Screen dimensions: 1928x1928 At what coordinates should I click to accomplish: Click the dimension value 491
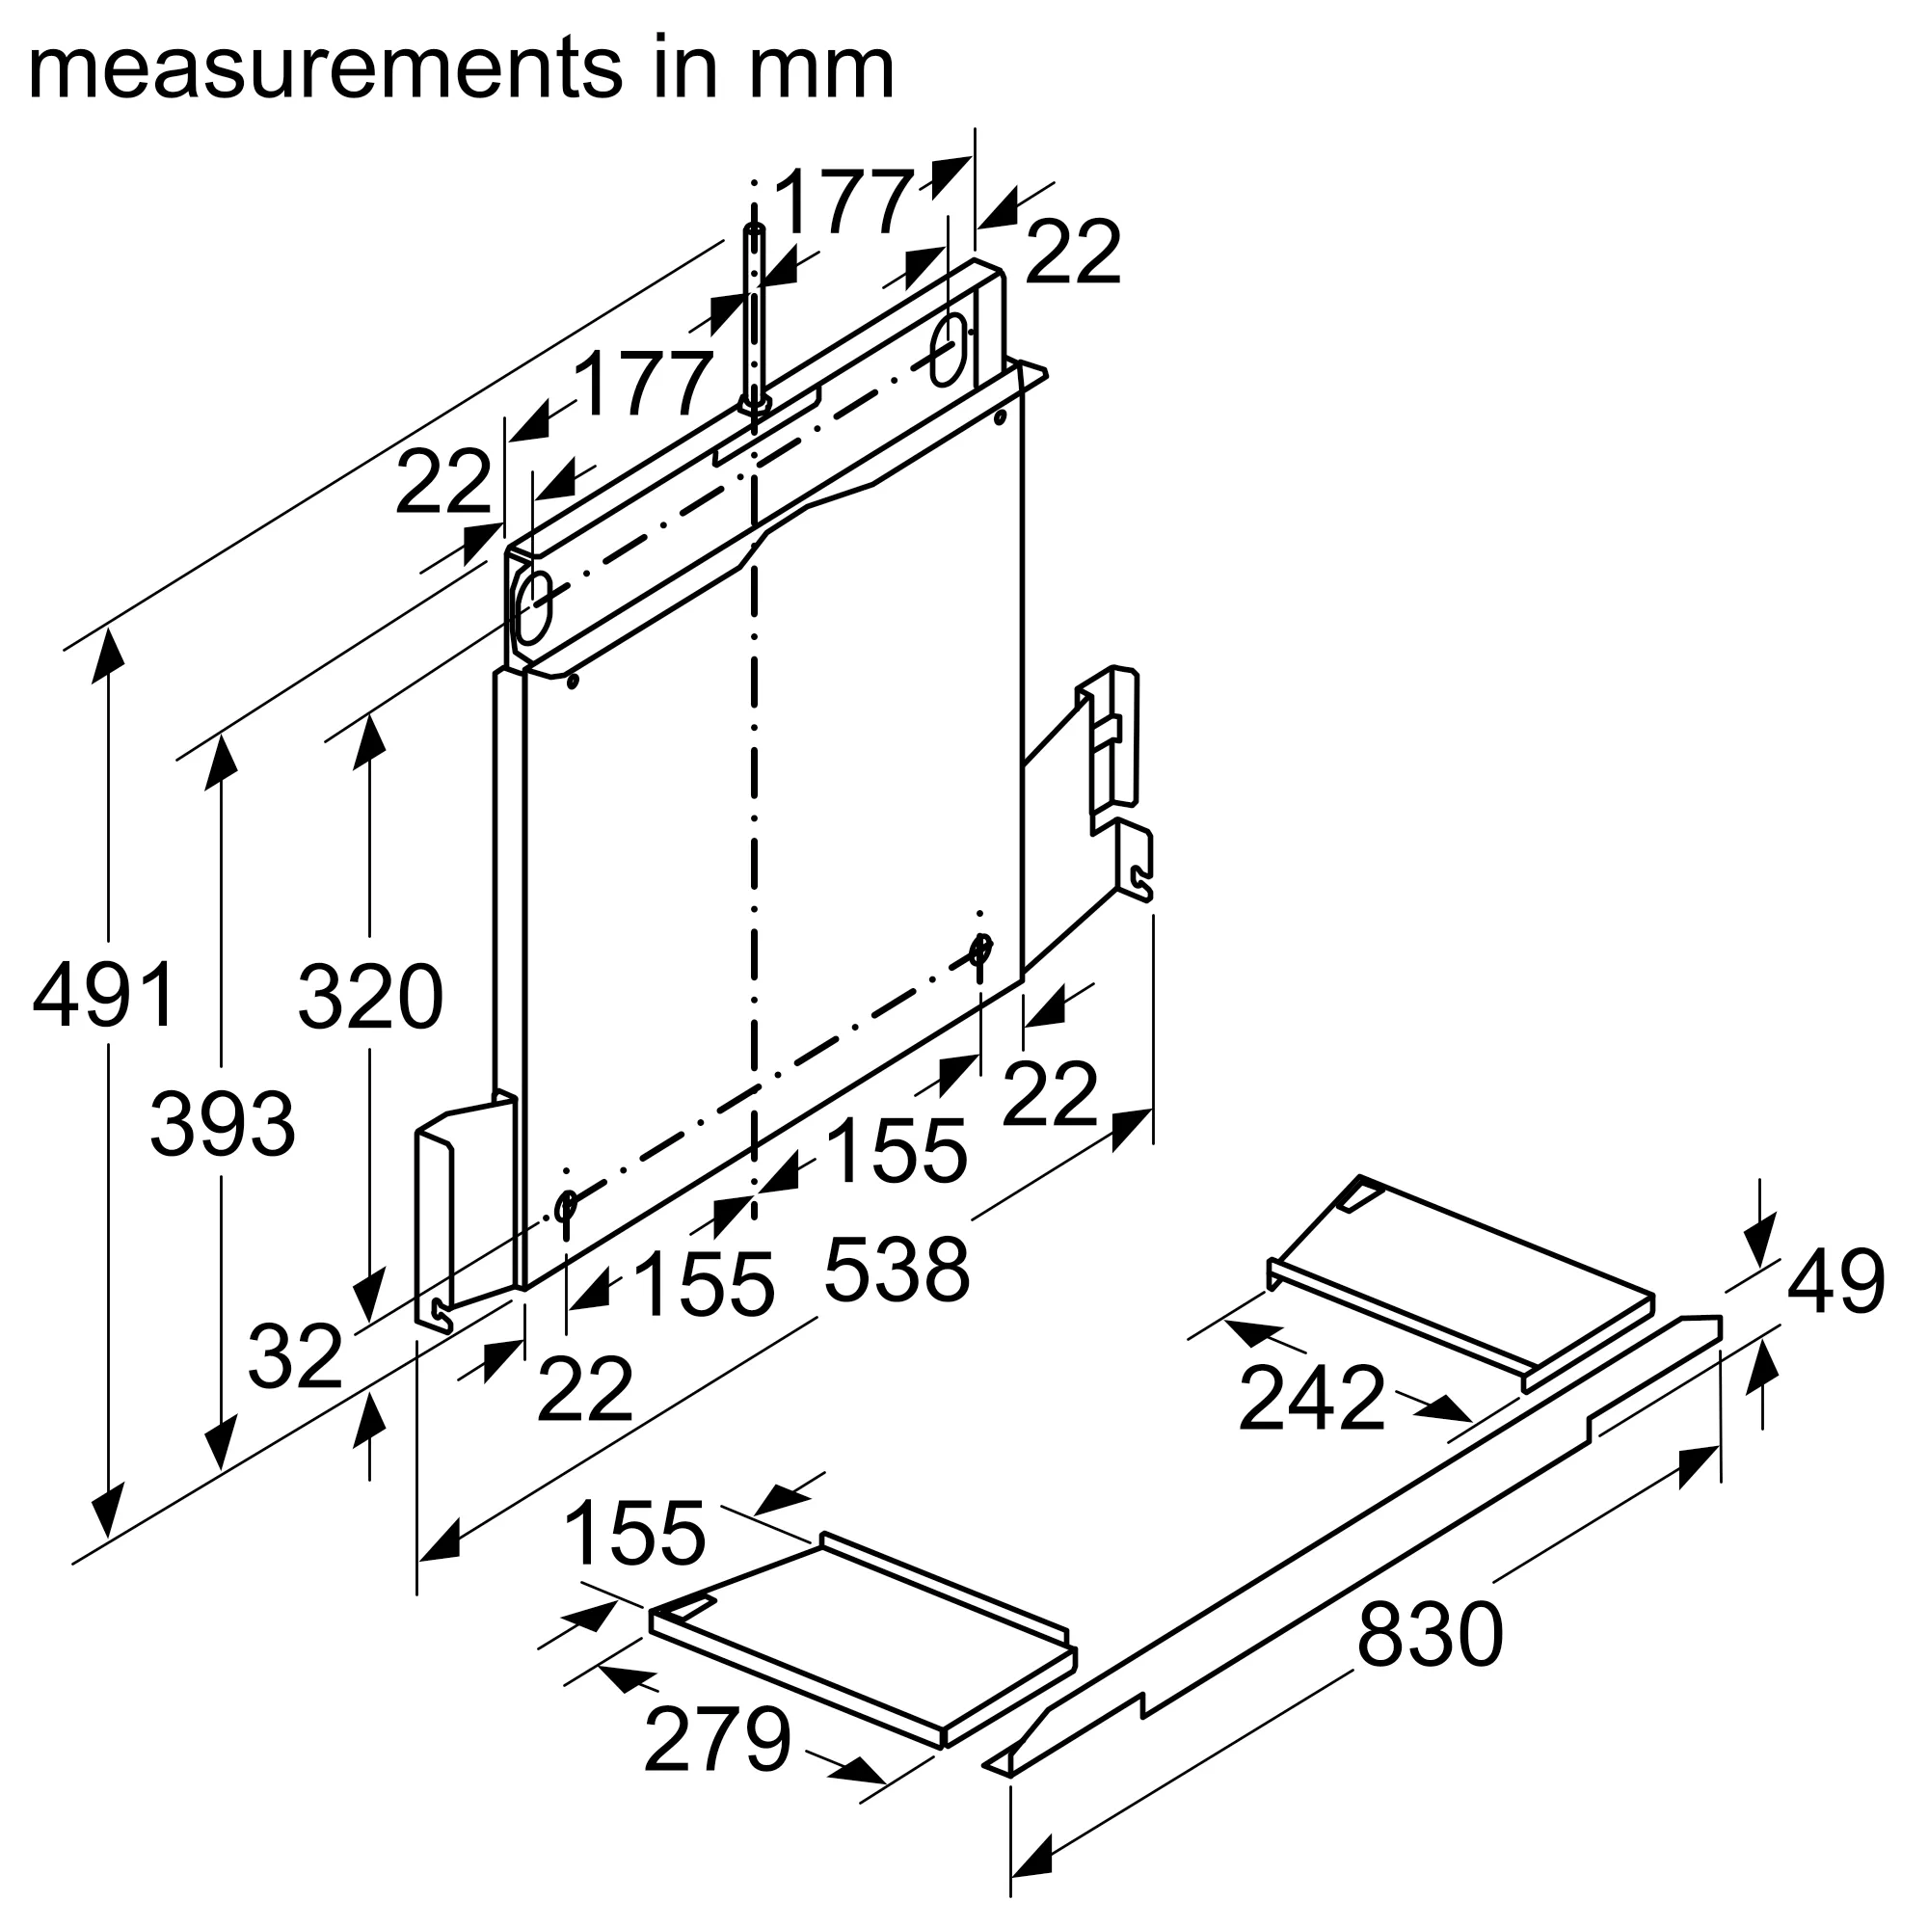[106, 995]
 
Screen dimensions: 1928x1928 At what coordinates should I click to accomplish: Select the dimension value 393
[223, 1125]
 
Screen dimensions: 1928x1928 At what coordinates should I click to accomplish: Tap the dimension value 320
[370, 997]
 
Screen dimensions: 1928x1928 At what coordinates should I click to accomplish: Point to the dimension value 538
[897, 1272]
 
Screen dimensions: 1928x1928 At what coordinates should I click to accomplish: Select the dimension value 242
[1311, 1399]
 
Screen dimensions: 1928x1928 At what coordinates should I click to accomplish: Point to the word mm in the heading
[820, 69]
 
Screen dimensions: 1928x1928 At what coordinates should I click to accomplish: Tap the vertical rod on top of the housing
[755, 309]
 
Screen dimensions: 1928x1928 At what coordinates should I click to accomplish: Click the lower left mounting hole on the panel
[566, 1208]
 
